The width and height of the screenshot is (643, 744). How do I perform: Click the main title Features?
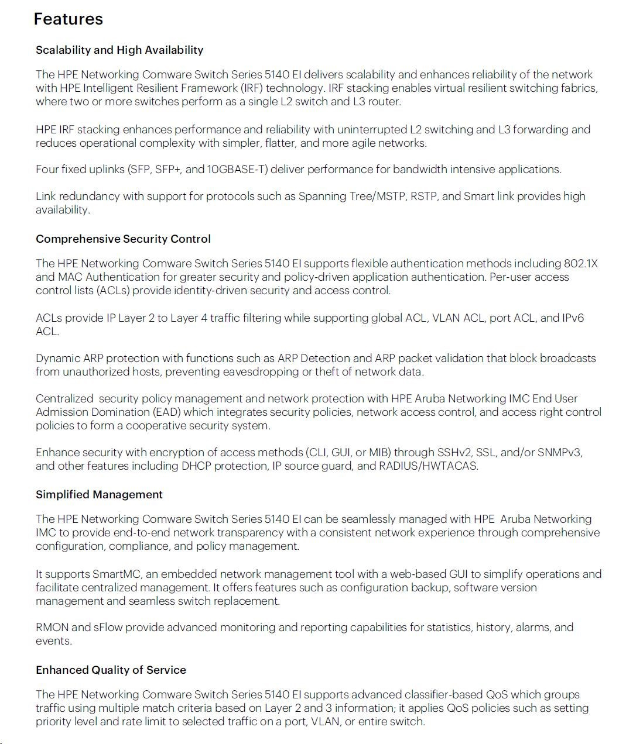pyautogui.click(x=68, y=19)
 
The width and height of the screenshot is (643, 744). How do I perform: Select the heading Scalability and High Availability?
pyautogui.click(x=119, y=50)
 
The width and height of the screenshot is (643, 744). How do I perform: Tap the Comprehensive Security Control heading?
pyautogui.click(x=123, y=239)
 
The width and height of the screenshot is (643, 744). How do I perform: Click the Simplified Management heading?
pyautogui.click(x=99, y=495)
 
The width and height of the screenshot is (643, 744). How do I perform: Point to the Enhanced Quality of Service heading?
pyautogui.click(x=111, y=670)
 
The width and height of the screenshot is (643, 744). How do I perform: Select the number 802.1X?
pyautogui.click(x=580, y=264)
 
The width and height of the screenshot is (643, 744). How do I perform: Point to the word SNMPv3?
pyautogui.click(x=560, y=453)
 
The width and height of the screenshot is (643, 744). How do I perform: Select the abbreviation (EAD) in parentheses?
pyautogui.click(x=167, y=412)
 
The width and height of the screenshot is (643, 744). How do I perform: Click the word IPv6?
pyautogui.click(x=573, y=318)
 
